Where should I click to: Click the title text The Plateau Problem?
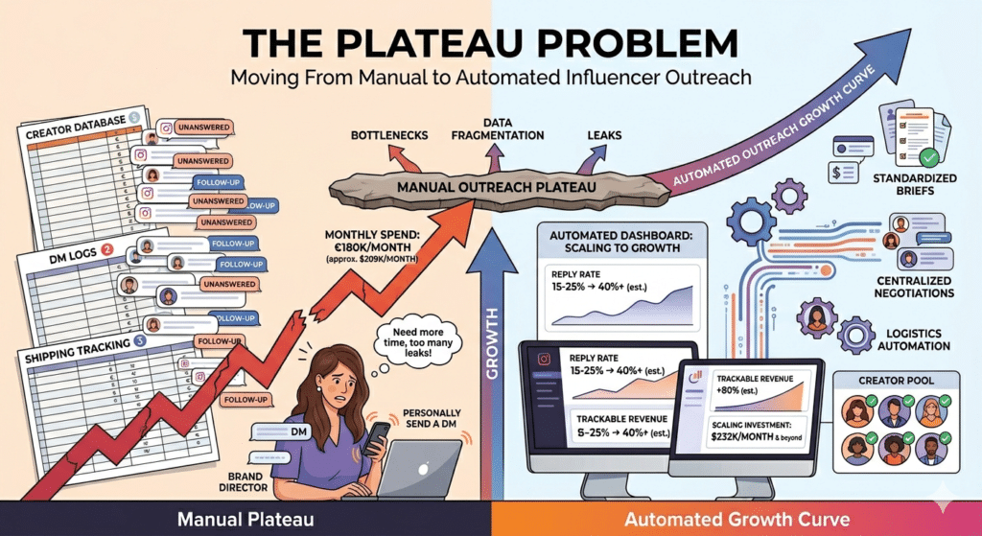491,43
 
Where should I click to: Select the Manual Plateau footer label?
245,518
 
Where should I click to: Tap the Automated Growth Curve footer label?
736,518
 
